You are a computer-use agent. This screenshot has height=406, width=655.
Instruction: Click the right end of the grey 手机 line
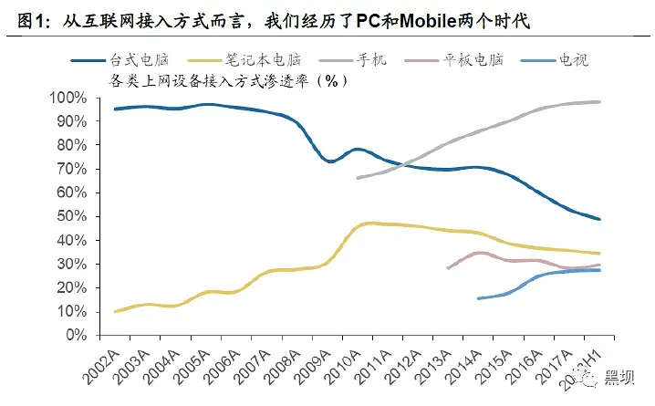tap(599, 101)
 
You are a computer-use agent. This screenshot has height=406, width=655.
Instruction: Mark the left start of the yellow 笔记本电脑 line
tap(115, 311)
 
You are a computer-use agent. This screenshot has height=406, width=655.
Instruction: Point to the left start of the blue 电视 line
tap(478, 297)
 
